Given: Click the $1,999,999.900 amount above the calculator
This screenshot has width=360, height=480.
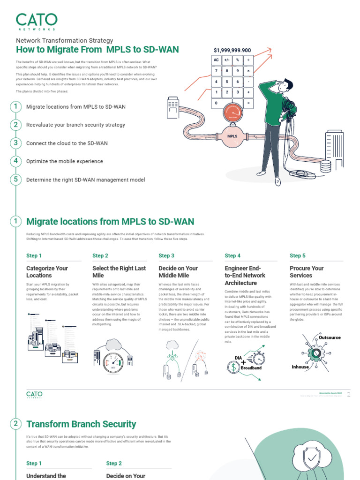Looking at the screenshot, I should click(x=232, y=50).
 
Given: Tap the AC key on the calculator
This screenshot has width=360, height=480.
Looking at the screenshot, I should click(x=216, y=60).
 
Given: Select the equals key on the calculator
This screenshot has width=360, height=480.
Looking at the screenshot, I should click(x=248, y=103).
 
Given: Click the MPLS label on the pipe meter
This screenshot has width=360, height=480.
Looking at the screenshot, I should click(x=232, y=136).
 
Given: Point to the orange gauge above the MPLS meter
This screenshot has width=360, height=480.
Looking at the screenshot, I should click(x=232, y=113).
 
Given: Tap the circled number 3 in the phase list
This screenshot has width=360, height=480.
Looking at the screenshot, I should click(x=15, y=143).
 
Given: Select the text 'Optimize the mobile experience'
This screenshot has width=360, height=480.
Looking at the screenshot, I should click(x=65, y=161).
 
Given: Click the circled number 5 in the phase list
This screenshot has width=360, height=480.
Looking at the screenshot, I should click(x=15, y=180).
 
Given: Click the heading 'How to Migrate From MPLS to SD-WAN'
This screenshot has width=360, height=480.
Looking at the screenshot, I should click(x=97, y=50).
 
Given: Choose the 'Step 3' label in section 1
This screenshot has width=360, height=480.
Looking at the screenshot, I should click(x=166, y=255).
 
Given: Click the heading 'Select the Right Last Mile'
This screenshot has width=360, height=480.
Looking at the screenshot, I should click(x=119, y=272).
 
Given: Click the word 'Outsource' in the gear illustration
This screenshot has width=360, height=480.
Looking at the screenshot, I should click(x=330, y=337).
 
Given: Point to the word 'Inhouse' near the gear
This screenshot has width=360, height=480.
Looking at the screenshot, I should click(x=300, y=367).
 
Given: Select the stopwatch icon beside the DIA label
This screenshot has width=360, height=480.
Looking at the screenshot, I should click(x=258, y=359).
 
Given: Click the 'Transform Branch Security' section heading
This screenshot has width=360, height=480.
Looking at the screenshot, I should click(x=81, y=424).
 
